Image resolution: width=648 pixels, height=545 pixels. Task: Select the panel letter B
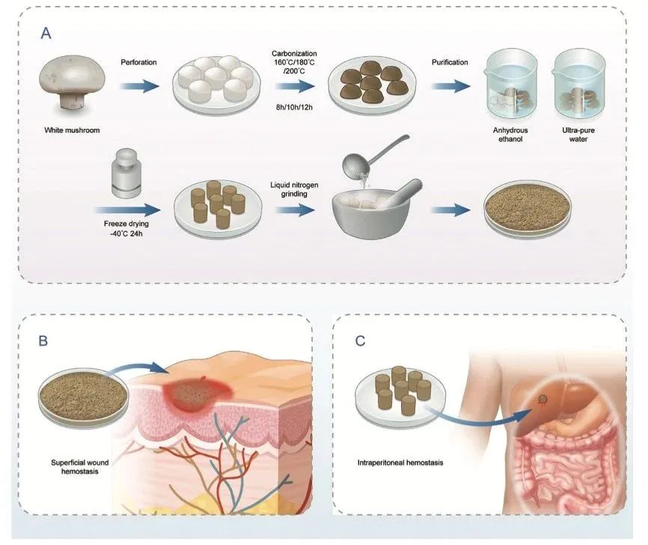[x=43, y=341]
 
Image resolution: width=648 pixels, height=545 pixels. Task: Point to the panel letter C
[x=361, y=341]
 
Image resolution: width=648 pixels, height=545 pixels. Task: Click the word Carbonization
[x=296, y=54]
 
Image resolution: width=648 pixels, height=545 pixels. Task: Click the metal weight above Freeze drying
[x=123, y=173]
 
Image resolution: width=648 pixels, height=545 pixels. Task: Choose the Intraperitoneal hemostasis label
[x=400, y=462]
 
